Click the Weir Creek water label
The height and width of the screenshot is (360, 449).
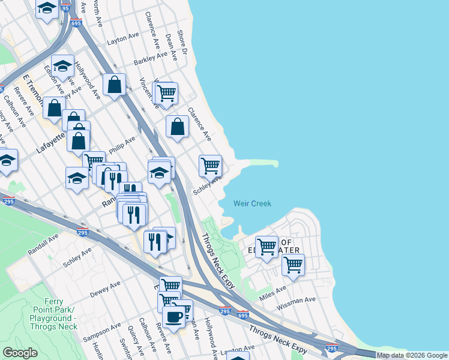252,203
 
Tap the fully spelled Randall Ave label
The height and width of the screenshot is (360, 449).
43,245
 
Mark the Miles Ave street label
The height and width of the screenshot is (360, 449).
273,294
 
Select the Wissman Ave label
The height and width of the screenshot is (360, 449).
296,303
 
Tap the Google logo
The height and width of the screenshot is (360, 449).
19,352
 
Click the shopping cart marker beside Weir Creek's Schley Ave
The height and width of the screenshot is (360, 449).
210,166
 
